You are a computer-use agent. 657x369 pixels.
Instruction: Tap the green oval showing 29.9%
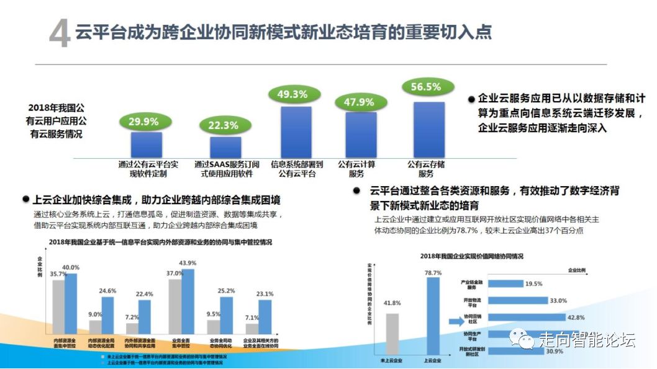(x=143, y=122)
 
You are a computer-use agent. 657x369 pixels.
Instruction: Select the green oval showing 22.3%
(x=222, y=125)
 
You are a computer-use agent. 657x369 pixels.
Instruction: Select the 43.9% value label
(x=187, y=263)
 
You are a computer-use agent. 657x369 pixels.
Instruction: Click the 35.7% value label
(x=58, y=274)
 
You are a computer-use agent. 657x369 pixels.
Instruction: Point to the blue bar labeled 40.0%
(x=71, y=304)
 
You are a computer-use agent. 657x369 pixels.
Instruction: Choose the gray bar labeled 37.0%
(x=175, y=306)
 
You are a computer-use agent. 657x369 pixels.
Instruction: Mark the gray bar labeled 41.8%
(x=392, y=335)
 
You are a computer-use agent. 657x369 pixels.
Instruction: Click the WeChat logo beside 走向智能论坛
(x=520, y=340)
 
